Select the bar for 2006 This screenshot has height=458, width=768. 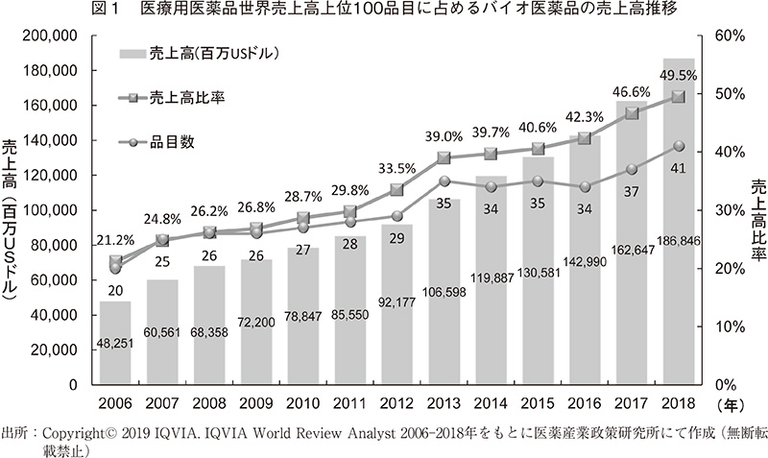point(115,342)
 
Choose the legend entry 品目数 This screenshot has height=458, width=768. point(174,141)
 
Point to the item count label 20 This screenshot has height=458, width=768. point(115,291)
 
